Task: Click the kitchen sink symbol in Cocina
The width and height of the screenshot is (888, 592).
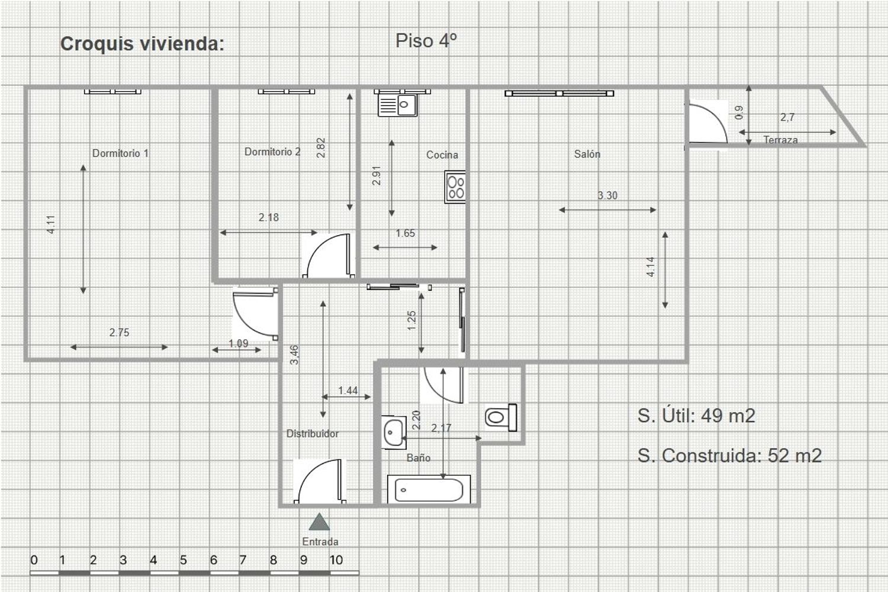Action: click(x=398, y=105)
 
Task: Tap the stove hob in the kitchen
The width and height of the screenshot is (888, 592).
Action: click(x=455, y=187)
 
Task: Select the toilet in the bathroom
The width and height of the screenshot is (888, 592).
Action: click(x=501, y=417)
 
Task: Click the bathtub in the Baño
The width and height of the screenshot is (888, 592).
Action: click(x=429, y=490)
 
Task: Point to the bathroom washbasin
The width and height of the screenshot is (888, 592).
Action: click(x=394, y=432)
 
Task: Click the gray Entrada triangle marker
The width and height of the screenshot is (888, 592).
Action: click(x=319, y=522)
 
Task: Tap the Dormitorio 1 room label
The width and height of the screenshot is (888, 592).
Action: click(x=121, y=153)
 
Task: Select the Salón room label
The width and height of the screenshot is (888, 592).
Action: click(x=587, y=154)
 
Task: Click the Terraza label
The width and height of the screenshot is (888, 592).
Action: click(x=781, y=140)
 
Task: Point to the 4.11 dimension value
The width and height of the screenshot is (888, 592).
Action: click(x=51, y=224)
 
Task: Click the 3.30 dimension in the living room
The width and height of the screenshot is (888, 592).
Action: click(x=607, y=195)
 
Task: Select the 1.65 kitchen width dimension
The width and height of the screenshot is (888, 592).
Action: click(x=405, y=233)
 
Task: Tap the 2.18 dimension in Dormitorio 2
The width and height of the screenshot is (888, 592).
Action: click(x=269, y=217)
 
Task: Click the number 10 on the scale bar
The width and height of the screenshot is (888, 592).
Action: click(x=336, y=560)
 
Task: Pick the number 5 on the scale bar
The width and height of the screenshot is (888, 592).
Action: click(x=183, y=560)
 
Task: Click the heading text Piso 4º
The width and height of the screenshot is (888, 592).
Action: click(x=426, y=40)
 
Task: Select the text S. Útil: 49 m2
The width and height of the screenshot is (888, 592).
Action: click(x=697, y=416)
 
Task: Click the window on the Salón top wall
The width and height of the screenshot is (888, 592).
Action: click(x=559, y=93)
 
